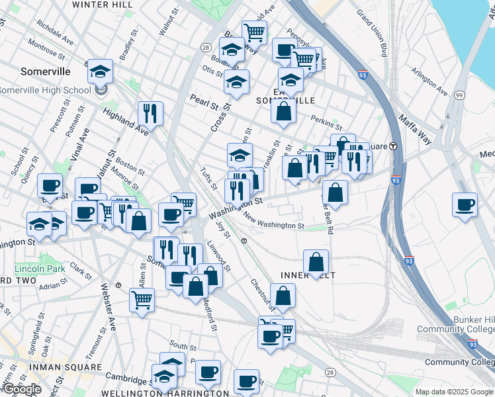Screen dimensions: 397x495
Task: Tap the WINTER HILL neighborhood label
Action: [x=98, y=4]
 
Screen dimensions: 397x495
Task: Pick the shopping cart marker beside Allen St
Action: [x=142, y=300]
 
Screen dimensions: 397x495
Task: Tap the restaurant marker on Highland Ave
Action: [x=150, y=113]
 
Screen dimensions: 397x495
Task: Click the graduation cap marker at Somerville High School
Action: [x=100, y=71]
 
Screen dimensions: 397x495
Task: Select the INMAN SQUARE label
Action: [x=52, y=367]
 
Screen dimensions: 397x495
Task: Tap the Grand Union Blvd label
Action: [x=371, y=32]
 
